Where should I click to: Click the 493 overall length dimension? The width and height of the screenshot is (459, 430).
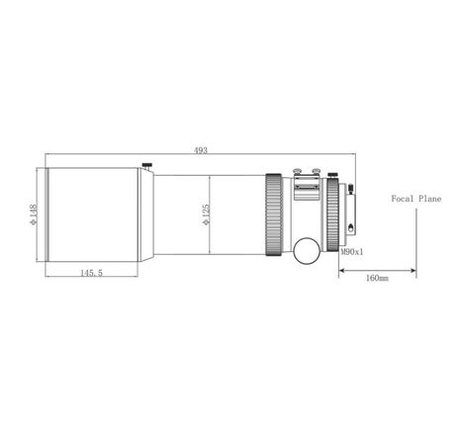202,150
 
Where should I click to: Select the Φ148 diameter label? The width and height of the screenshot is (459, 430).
34,215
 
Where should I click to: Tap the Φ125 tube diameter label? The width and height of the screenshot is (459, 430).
205,215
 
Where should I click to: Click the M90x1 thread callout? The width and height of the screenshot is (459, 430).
352,252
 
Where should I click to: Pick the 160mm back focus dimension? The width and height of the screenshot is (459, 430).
377,279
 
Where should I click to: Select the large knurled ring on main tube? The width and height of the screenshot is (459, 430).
274,215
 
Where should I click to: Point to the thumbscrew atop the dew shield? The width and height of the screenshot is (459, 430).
146,165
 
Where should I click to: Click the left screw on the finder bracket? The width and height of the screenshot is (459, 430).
299,177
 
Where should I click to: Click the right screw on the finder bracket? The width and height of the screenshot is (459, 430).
316,177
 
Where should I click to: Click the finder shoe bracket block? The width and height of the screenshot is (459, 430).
307,189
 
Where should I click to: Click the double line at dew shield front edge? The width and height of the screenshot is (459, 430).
47,215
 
